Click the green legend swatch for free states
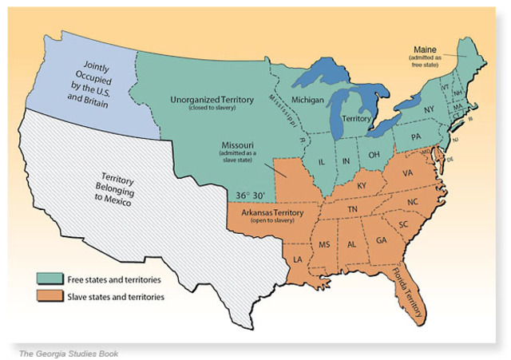pos(48,279)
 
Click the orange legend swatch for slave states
pos(48,297)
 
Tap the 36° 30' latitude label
pos(249,195)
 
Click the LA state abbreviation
pos(299,259)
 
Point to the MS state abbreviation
pos(323,243)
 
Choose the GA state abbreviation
pos(382,239)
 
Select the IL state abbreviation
pos(323,160)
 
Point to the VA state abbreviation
pos(407,172)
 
